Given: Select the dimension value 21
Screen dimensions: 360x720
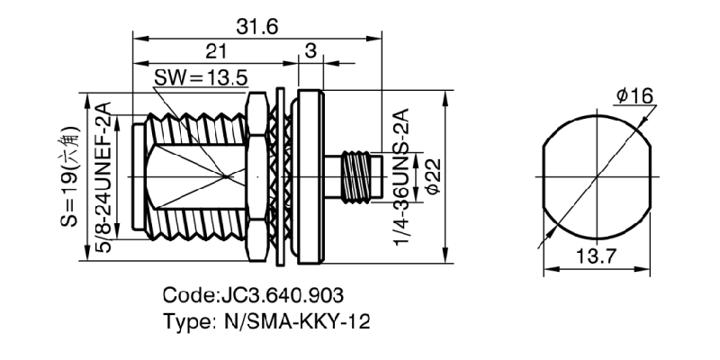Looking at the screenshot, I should click(215, 51).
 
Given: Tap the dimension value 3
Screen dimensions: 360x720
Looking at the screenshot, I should click(310, 51).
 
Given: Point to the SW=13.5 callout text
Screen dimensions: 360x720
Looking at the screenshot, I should click(200, 77).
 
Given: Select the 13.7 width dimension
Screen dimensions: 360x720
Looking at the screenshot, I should click(597, 257).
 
